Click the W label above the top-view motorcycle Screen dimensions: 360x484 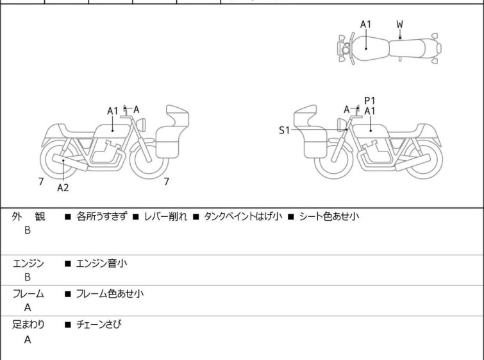(399, 24)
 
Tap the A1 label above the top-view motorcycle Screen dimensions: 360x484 (365, 24)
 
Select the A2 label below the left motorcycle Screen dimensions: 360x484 (63, 188)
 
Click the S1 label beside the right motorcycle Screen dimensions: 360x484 (284, 130)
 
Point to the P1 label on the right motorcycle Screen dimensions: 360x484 (370, 101)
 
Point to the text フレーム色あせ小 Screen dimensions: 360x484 (110, 294)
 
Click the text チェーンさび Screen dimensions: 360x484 (99, 325)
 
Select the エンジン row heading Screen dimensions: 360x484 (28, 263)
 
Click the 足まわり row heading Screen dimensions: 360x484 (28, 325)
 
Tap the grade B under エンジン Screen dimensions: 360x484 (28, 277)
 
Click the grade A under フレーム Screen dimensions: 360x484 (28, 308)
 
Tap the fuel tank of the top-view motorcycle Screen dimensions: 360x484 (367, 47)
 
